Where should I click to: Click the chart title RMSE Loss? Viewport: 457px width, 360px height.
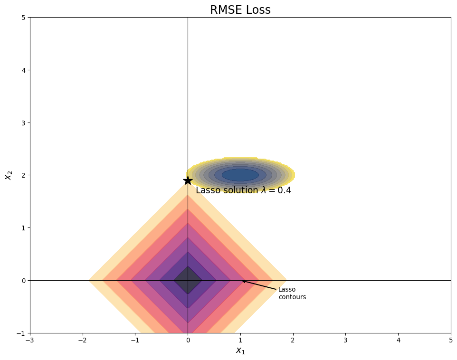pos(240,10)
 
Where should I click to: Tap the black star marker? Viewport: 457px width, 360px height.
pos(188,180)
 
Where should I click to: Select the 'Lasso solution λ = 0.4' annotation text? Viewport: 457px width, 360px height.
pos(243,190)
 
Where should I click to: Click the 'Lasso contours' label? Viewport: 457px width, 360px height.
pos(292,293)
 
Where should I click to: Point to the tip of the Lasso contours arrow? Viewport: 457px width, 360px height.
pos(242,281)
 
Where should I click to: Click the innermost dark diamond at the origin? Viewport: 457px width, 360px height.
pos(188,280)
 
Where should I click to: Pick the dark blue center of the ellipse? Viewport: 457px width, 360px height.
pos(240,175)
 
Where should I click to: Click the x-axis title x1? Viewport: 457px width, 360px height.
pos(240,351)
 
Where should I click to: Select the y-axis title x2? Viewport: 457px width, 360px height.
pos(8,175)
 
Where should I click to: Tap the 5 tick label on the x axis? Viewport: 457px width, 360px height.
pos(451,341)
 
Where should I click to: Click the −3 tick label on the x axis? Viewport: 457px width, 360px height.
pos(29,341)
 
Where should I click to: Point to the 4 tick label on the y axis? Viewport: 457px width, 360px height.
pos(23,70)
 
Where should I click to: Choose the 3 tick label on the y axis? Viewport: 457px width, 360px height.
pos(23,123)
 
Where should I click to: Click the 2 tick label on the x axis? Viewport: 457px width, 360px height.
pos(293,341)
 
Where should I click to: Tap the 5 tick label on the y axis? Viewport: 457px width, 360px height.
pos(23,18)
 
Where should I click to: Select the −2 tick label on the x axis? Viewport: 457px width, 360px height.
pos(82,341)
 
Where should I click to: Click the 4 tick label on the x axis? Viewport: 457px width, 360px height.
pos(398,341)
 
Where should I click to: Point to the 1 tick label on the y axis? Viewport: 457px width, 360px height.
pos(23,228)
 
